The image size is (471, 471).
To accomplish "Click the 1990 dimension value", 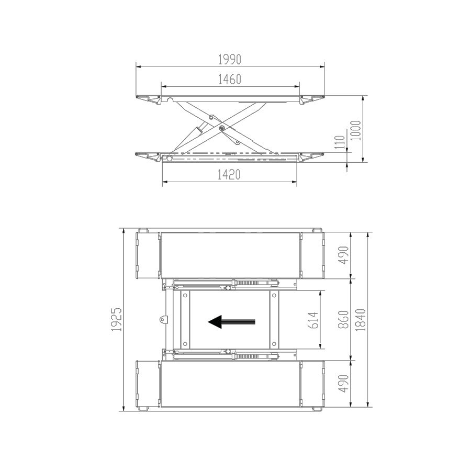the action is (x=230, y=60).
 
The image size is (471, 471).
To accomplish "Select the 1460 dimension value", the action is (x=230, y=80).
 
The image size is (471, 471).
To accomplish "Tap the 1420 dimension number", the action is (x=229, y=175).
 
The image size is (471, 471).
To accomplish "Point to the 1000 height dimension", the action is (x=356, y=130).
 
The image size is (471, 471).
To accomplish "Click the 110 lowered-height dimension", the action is (x=340, y=142).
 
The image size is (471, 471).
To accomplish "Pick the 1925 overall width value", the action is (x=116, y=319).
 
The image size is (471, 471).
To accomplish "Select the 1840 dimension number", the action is (x=361, y=320).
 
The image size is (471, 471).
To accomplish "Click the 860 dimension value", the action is (x=344, y=320).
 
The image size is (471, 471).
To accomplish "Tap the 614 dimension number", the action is (x=313, y=320).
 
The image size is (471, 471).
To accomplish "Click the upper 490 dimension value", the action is (x=343, y=255).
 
